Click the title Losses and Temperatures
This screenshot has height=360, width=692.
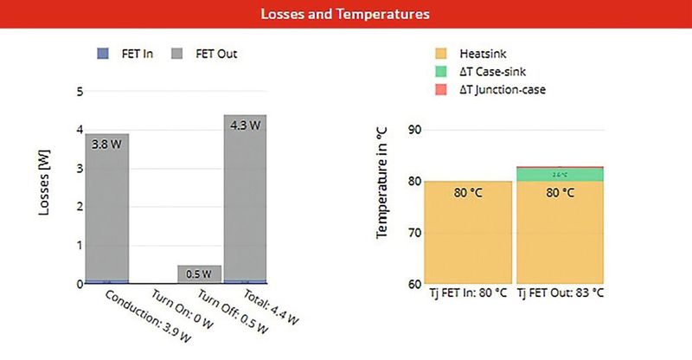[x=346, y=14]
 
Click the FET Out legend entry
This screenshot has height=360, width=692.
[x=208, y=54]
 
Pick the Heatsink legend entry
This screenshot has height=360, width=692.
[x=484, y=54]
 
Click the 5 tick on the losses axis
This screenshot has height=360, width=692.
[x=80, y=91]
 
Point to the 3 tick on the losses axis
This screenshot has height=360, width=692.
[x=80, y=169]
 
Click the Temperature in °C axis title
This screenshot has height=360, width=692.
[x=381, y=181]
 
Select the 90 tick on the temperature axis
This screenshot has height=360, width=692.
[x=413, y=130]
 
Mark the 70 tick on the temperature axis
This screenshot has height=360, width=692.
[x=413, y=234]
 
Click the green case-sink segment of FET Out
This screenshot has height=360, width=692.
[x=560, y=175]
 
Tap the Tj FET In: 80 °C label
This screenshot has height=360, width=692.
[x=470, y=294]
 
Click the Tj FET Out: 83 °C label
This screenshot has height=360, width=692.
[x=561, y=294]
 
